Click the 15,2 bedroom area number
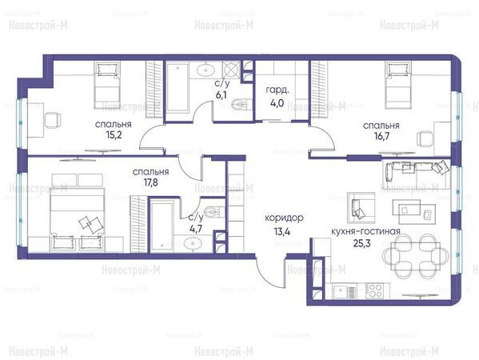pos(114,134)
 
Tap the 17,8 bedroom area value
pos(151,182)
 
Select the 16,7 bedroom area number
pos(381,136)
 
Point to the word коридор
pos(284,218)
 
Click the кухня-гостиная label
pos(365,231)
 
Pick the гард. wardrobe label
pos(277,90)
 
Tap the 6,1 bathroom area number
pos(222,95)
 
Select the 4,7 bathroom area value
pos(195,228)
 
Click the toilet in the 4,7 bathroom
pos(214,212)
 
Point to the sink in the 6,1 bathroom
pos(206,70)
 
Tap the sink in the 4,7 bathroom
pos(193,244)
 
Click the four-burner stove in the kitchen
pos(374,290)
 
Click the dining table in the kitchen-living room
pos(416,256)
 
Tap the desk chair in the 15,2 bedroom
pos(53,120)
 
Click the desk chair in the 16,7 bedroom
pos(425,139)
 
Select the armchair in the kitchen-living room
pos(361,208)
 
